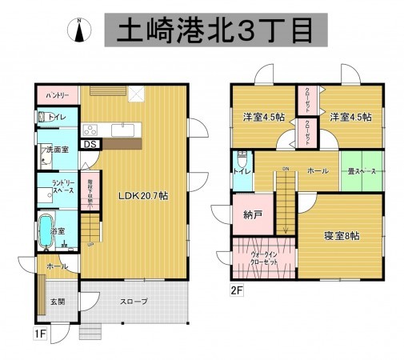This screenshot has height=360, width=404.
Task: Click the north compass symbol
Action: click(80, 30)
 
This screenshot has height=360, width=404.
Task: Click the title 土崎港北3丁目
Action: click(216, 30)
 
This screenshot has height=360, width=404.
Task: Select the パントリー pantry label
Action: click(55, 95)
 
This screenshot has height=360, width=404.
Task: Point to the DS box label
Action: click(90, 145)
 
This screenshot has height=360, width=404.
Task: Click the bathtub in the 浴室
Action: click(47, 233)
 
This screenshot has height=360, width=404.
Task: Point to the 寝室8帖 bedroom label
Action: click(341, 237)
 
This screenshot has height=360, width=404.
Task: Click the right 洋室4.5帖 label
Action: click(350, 117)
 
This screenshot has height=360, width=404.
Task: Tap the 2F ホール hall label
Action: click(316, 170)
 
